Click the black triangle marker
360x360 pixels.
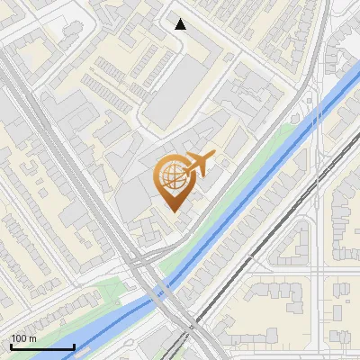[x=181, y=24]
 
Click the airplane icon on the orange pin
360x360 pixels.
[x=198, y=164]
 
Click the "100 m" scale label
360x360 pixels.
[x=23, y=338]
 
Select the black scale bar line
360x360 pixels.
[x=41, y=346]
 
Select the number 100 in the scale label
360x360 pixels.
[x=19, y=338]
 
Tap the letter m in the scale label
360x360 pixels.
[x=32, y=339]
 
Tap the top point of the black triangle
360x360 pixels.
[x=181, y=19]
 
